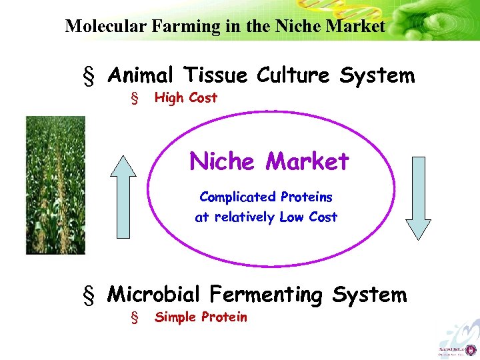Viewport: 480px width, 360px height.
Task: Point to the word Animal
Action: coord(144,75)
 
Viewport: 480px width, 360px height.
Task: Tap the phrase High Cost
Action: coord(186,98)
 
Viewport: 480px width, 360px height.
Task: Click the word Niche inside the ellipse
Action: coord(222,161)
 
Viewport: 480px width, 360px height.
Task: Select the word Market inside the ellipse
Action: coord(307,161)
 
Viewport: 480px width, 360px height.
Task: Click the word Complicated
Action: coord(237,197)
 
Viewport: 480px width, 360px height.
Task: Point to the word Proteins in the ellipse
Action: coord(306,197)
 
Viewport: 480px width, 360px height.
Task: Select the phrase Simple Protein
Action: coord(201,317)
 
